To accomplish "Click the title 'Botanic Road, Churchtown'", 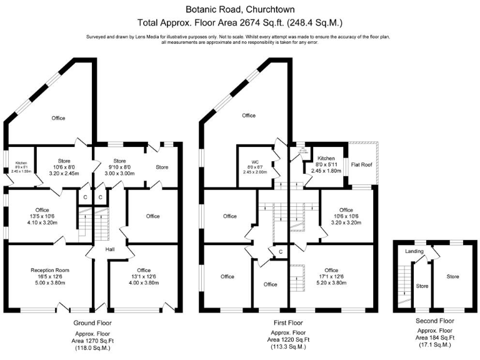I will (x=240, y=9).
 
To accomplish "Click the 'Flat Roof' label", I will (x=362, y=165).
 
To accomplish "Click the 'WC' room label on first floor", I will (x=254, y=161).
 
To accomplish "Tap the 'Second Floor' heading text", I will (x=434, y=321).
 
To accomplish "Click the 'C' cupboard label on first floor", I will (x=281, y=252).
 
